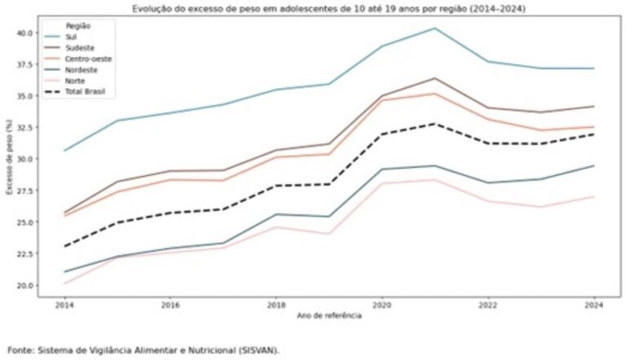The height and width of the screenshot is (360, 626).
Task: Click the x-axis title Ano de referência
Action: (328, 314)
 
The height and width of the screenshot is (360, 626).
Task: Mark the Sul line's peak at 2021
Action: (434, 29)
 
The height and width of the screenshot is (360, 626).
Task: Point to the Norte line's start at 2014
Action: (65, 283)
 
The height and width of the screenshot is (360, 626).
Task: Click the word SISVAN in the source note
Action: (253, 350)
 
